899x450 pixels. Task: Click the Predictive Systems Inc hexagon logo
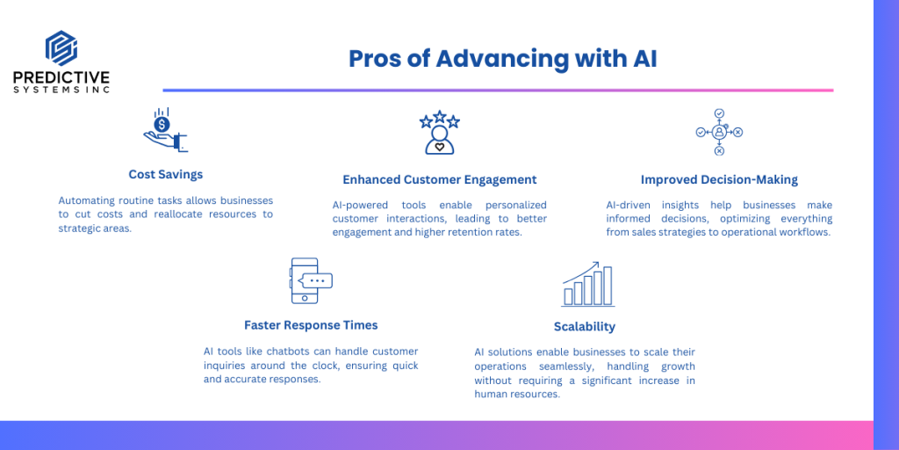61,48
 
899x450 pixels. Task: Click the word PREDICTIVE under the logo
61,77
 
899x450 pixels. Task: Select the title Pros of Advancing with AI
503,59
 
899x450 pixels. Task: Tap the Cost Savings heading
166,175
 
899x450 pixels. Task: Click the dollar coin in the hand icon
162,124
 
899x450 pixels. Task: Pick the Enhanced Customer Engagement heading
440,179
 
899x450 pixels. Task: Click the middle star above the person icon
440,117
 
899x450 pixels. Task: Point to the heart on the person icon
440,147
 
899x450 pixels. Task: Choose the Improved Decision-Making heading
719,179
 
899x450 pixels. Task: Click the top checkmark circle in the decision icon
719,113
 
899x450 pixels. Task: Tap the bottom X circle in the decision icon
719,151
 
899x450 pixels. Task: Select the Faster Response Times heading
311,325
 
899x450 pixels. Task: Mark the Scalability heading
584,327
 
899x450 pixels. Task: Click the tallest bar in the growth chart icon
608,286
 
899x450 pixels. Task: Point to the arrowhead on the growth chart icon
596,265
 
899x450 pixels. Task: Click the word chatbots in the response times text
285,352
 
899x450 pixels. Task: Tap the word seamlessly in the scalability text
579,366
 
